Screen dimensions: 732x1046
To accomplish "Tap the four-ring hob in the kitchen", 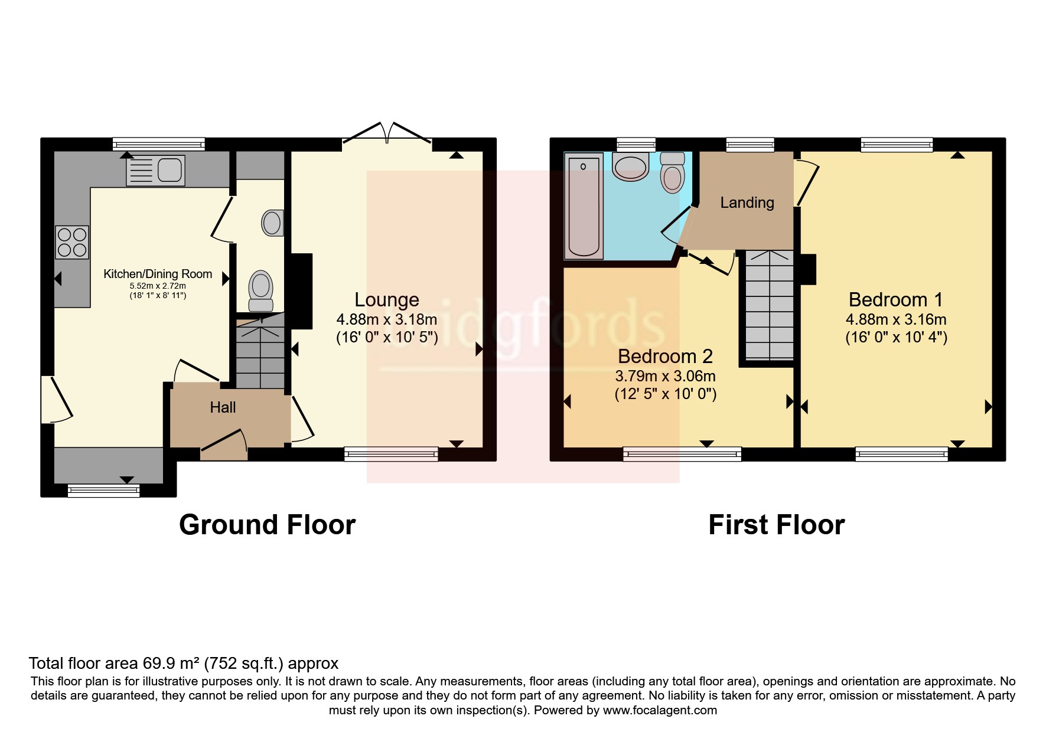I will [x=72, y=242].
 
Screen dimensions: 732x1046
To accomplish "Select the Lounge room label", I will [x=387, y=300].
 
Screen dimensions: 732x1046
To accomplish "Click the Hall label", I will [x=223, y=407].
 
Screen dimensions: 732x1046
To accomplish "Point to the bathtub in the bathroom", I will [x=584, y=205].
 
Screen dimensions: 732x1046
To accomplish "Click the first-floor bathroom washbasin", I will [x=631, y=166].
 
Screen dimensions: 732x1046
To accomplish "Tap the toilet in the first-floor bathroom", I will [x=672, y=172].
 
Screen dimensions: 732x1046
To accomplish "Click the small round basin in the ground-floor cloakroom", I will [x=272, y=223].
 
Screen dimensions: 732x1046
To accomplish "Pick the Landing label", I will [x=747, y=202].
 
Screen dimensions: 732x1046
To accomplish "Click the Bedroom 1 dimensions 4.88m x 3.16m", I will [x=896, y=319].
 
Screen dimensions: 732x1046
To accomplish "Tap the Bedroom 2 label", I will [x=665, y=357].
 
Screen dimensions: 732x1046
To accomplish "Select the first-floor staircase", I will [x=769, y=305].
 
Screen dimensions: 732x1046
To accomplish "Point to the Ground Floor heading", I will [x=267, y=525].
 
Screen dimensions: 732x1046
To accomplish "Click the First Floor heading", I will [x=776, y=525].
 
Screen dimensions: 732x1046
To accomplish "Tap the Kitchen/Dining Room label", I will [x=158, y=274].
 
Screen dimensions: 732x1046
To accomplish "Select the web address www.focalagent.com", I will [x=660, y=710].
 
